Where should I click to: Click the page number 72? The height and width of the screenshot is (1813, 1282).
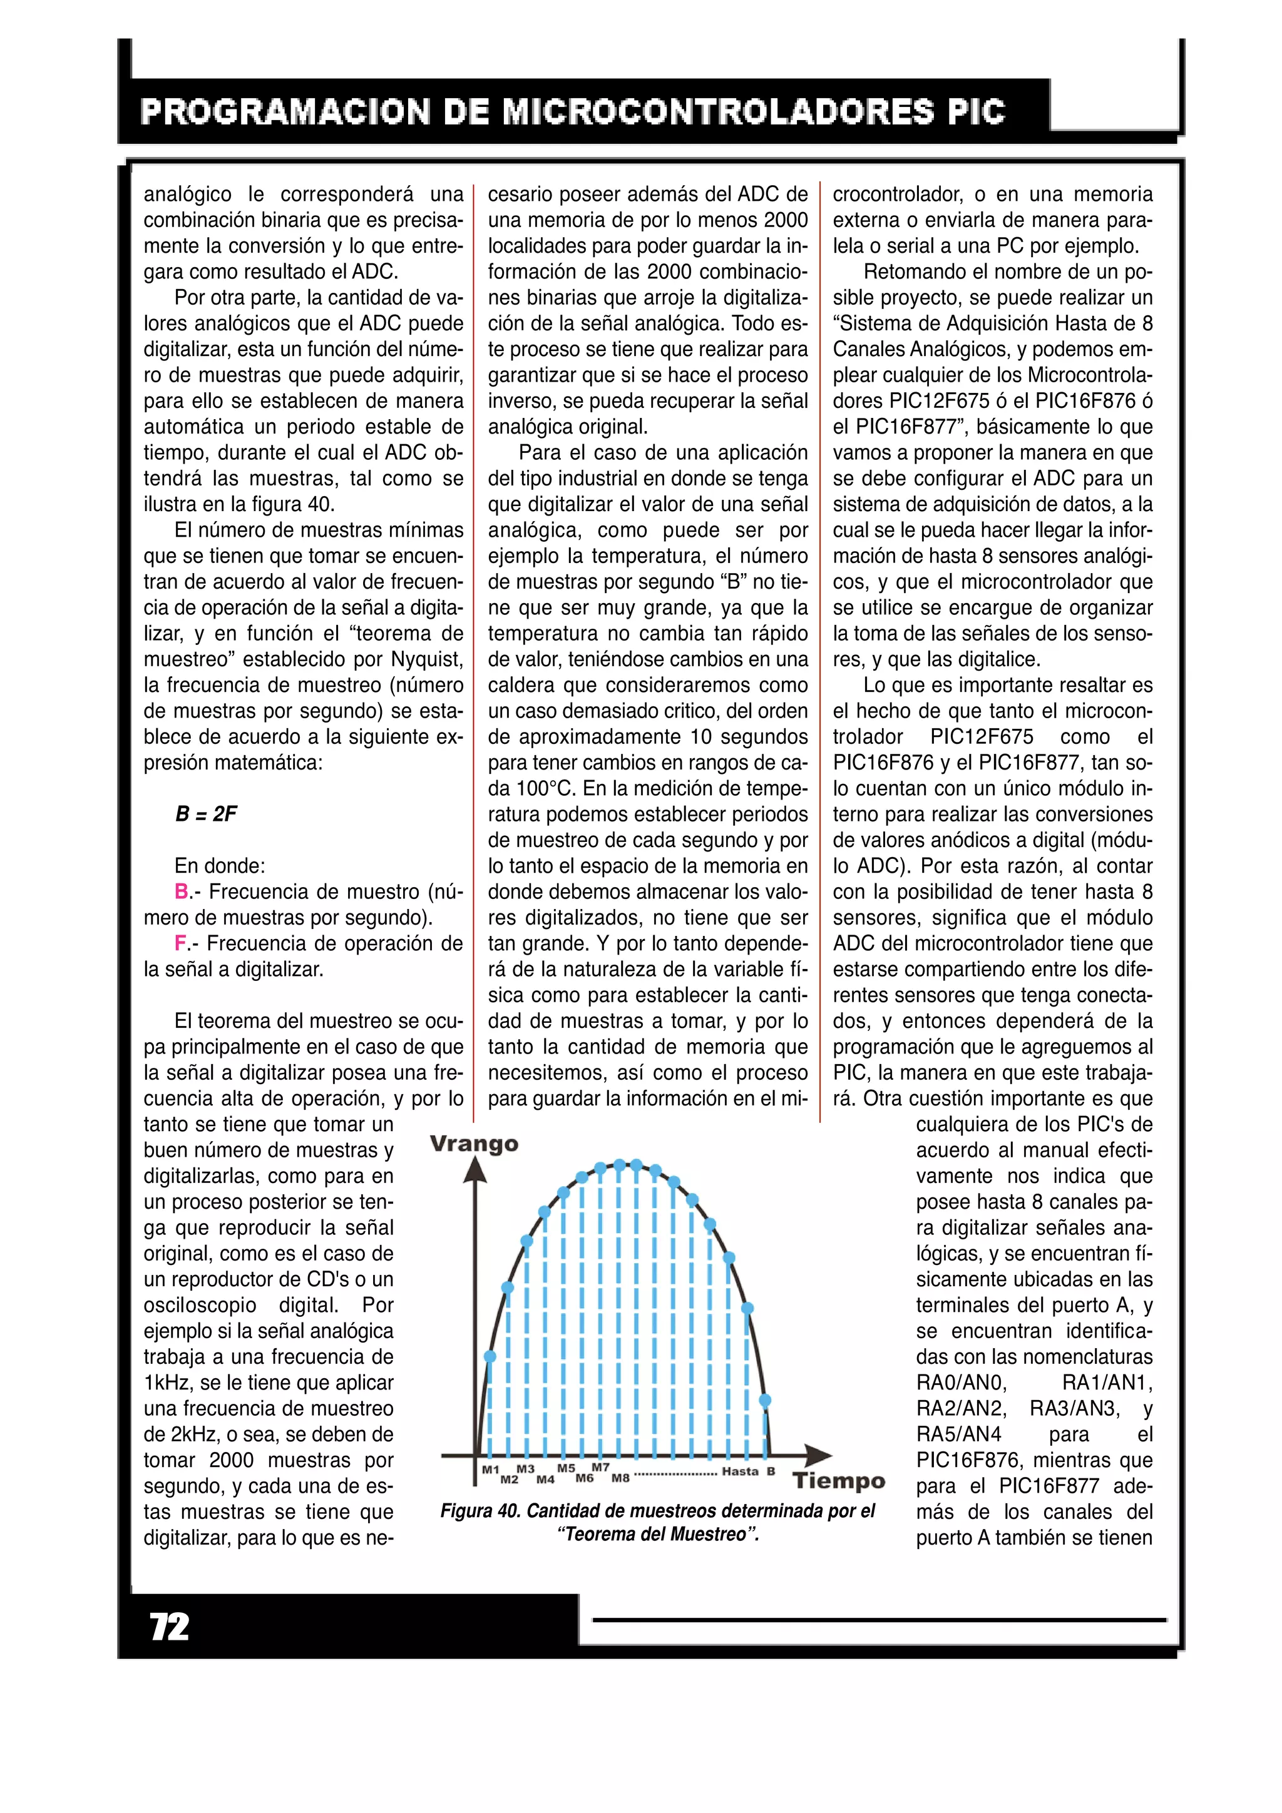pyautogui.click(x=169, y=1627)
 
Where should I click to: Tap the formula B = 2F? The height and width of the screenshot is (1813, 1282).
pyautogui.click(x=205, y=814)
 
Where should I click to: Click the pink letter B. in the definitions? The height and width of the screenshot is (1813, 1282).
pyautogui.click(x=182, y=891)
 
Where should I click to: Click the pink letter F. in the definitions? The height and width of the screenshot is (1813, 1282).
pyautogui.click(x=182, y=943)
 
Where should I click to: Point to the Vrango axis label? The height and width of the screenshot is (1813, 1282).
pyautogui.click(x=474, y=1144)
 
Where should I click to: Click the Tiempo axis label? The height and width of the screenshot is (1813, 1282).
pyautogui.click(x=839, y=1481)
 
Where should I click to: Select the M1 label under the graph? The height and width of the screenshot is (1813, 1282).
pyautogui.click(x=491, y=1470)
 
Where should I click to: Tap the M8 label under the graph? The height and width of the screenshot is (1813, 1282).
pyautogui.click(x=620, y=1478)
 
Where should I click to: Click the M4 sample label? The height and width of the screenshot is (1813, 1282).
pyautogui.click(x=545, y=1479)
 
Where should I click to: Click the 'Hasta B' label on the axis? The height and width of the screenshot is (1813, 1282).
pyautogui.click(x=748, y=1471)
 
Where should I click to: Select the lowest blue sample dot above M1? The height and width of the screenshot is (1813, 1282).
pyautogui.click(x=490, y=1356)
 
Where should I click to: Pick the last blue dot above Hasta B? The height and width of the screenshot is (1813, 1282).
pyautogui.click(x=764, y=1401)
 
